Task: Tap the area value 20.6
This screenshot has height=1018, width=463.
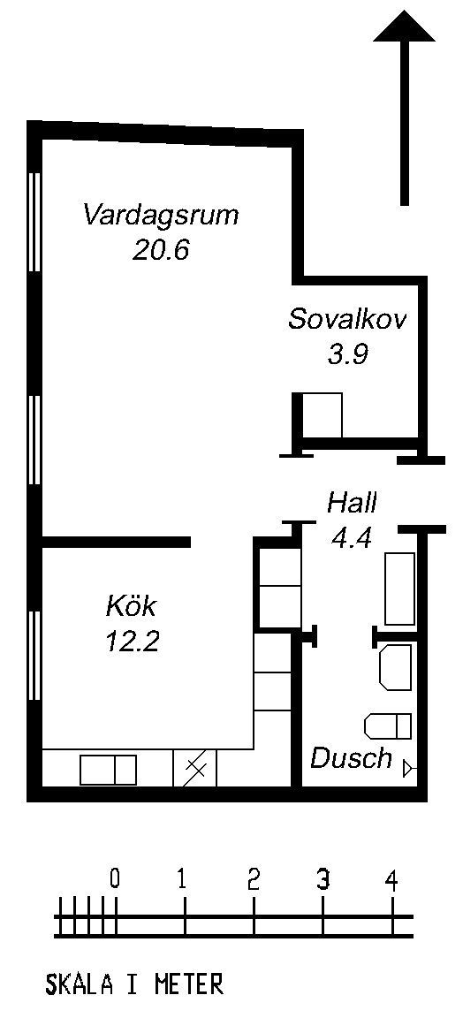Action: click(161, 250)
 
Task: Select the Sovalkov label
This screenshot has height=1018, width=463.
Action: click(347, 319)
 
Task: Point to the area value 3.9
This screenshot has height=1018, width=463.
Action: click(349, 354)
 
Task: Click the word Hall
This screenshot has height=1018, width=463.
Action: click(352, 502)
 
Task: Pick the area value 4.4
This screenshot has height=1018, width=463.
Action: click(352, 537)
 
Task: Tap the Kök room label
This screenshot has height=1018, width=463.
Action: click(131, 606)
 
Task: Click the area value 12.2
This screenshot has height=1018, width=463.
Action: click(133, 642)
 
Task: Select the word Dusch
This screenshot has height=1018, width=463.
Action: click(352, 757)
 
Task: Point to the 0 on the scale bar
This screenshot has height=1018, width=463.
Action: click(115, 880)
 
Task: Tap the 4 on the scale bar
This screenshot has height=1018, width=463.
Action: click(391, 880)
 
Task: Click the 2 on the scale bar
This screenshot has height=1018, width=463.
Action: click(254, 880)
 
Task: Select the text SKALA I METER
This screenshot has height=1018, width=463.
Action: click(134, 984)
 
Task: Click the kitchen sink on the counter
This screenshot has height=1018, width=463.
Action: click(109, 770)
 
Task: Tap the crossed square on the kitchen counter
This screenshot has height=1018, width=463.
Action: click(195, 769)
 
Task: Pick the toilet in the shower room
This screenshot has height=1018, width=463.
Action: click(388, 726)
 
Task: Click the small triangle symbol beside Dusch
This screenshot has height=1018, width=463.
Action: click(409, 769)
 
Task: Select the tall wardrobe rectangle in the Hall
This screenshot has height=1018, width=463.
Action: click(400, 589)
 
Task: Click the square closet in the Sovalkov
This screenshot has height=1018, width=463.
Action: click(323, 415)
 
